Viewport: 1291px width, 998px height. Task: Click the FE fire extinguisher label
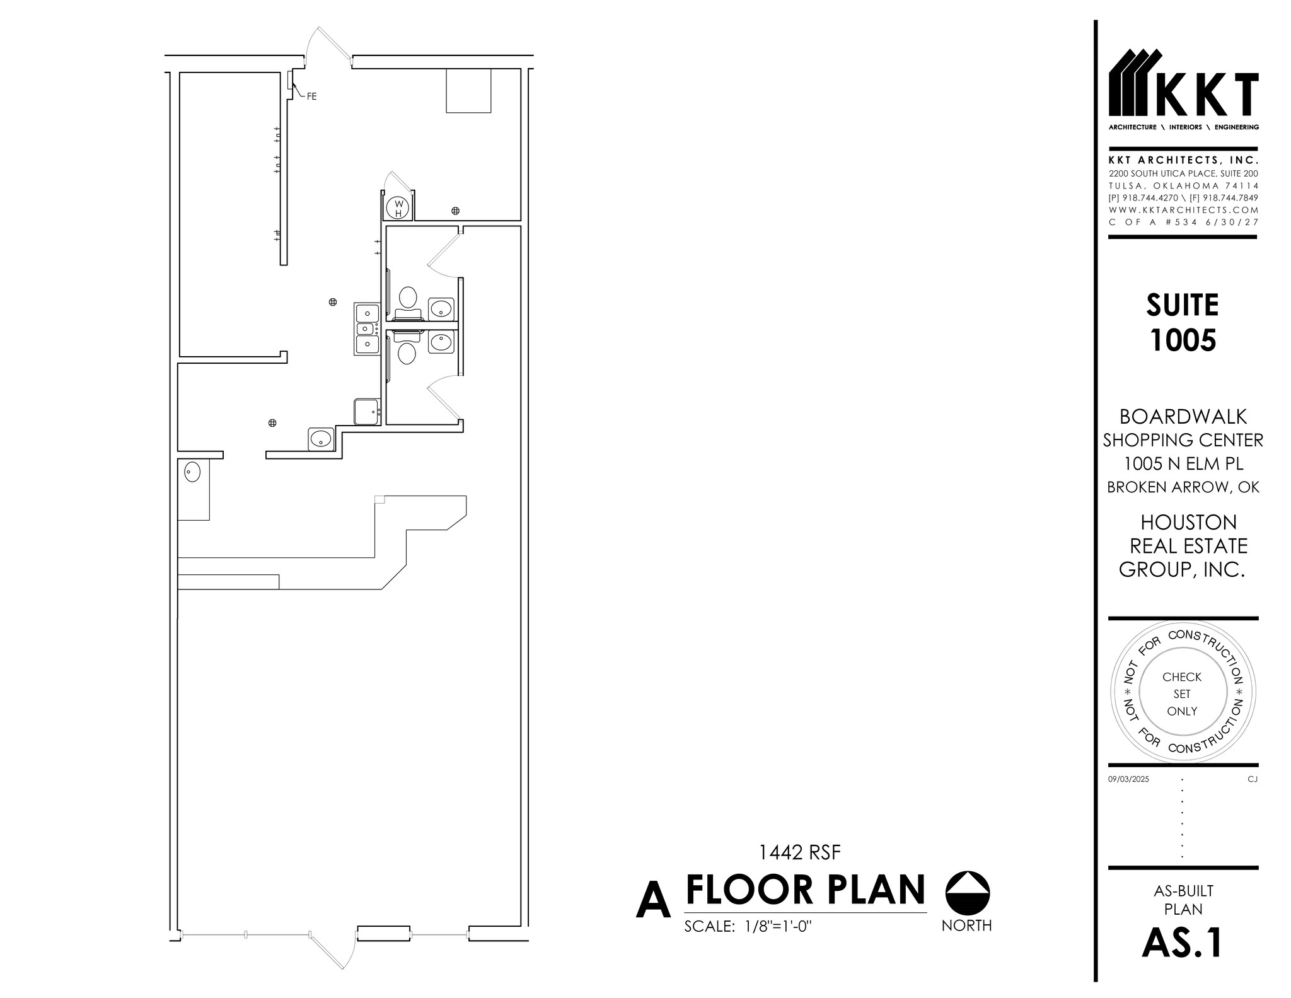coord(311,96)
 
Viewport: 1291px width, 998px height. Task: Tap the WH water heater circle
coord(398,207)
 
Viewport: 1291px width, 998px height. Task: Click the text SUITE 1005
coord(1182,322)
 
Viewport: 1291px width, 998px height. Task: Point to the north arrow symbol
coord(968,894)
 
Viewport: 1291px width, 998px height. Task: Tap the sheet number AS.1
coord(1182,943)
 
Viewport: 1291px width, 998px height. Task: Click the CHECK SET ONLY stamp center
coord(1182,693)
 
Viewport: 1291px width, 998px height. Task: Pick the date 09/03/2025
coord(1128,779)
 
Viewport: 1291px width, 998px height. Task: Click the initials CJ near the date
coord(1252,779)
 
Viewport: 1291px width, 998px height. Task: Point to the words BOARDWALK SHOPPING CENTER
coord(1183,428)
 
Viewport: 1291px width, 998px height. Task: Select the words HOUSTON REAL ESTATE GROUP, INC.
coord(1183,546)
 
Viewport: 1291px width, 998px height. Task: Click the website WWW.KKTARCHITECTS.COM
coord(1183,210)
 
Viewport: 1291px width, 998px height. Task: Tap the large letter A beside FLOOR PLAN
coord(653,902)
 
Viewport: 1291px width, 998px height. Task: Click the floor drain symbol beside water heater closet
coord(455,211)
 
